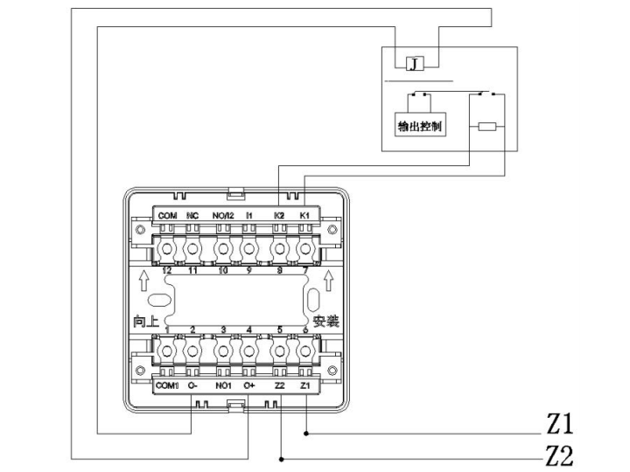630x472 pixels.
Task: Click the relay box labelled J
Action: pyautogui.click(x=414, y=63)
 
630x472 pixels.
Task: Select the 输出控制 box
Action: pyautogui.click(x=419, y=126)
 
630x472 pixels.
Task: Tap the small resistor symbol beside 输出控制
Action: pyautogui.click(x=487, y=127)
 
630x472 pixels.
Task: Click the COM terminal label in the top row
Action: pyautogui.click(x=167, y=215)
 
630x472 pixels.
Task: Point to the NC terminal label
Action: pyautogui.click(x=193, y=215)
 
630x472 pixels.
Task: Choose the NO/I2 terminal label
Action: pyautogui.click(x=222, y=215)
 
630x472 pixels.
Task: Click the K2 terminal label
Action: pyautogui.click(x=278, y=215)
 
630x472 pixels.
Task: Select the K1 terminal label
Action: pyautogui.click(x=304, y=215)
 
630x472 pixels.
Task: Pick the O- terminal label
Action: pyautogui.click(x=192, y=385)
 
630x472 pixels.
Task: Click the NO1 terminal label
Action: pyautogui.click(x=222, y=385)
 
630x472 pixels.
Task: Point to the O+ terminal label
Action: pyautogui.click(x=249, y=385)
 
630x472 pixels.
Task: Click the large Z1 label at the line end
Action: pyautogui.click(x=559, y=426)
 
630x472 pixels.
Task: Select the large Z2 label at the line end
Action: pyautogui.click(x=559, y=455)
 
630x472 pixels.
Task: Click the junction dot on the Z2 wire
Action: pyautogui.click(x=280, y=458)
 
